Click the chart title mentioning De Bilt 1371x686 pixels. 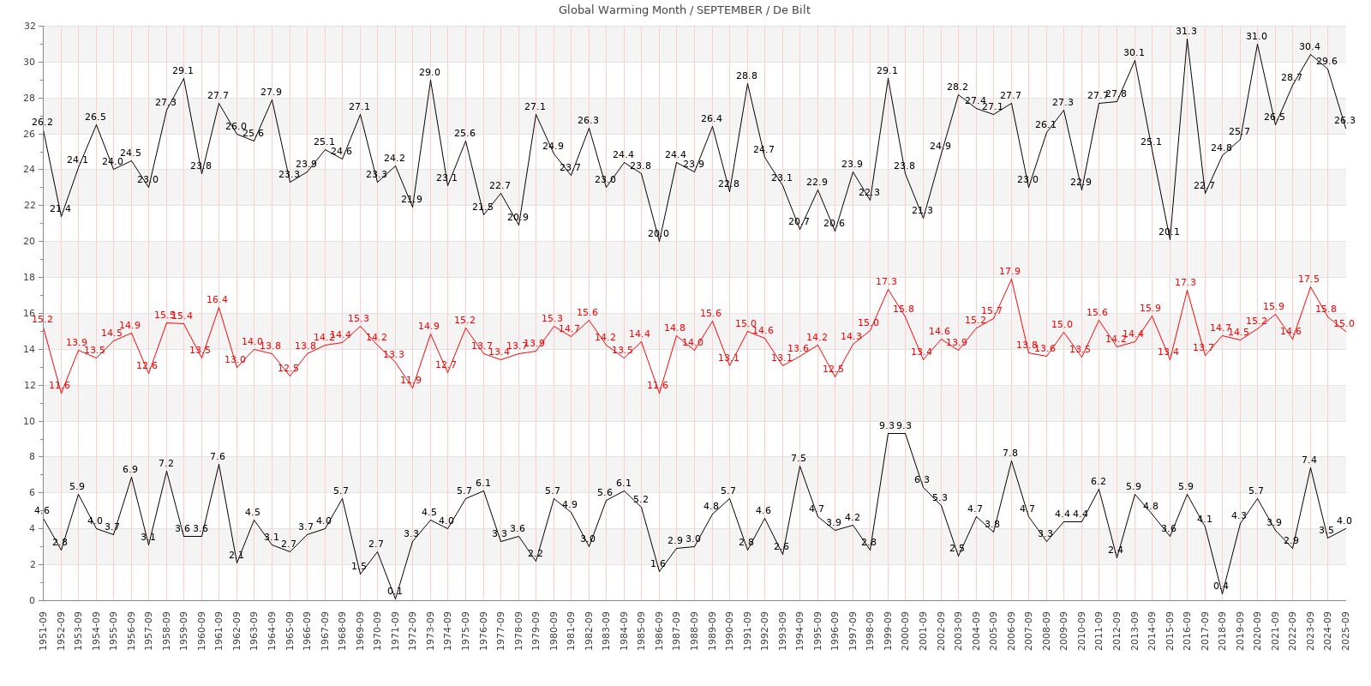click(x=684, y=10)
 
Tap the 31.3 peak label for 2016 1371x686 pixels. click(x=1186, y=32)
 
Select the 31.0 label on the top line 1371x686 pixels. click(x=1256, y=37)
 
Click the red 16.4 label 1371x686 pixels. click(x=217, y=300)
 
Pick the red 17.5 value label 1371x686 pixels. click(x=1308, y=280)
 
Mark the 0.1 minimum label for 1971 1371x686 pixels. click(x=394, y=592)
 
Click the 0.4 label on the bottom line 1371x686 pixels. click(x=1221, y=587)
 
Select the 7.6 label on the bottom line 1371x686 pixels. click(x=218, y=457)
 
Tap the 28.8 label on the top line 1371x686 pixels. click(x=746, y=76)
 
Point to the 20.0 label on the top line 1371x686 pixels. click(x=658, y=234)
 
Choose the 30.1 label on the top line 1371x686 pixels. click(x=1134, y=53)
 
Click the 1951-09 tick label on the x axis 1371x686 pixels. click(x=43, y=630)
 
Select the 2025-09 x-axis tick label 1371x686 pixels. click(x=1345, y=630)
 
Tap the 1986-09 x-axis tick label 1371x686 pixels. click(x=659, y=630)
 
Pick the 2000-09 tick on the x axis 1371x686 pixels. click(x=905, y=630)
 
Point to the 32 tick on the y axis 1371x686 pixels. click(x=29, y=27)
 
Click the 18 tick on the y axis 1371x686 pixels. click(x=29, y=278)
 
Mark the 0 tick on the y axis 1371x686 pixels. click(x=32, y=600)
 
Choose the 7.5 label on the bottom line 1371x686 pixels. click(x=799, y=459)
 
